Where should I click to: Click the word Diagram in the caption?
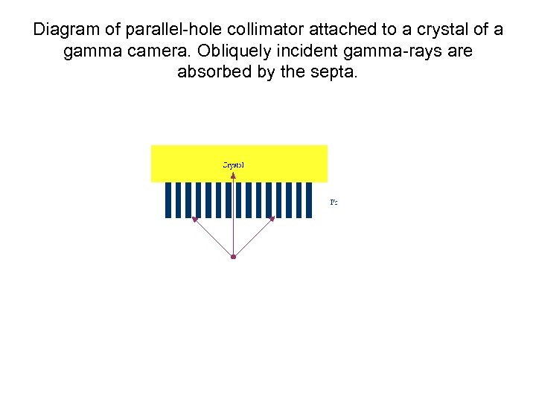click(65, 31)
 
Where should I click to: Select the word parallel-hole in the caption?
click(155, 31)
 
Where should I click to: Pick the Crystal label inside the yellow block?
click(233, 165)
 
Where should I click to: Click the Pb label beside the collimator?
click(334, 202)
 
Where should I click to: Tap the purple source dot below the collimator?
click(233, 257)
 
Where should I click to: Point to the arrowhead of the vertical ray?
click(233, 176)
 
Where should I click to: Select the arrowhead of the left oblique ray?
click(194, 219)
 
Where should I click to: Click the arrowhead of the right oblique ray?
click(272, 219)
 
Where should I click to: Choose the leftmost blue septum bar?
click(168, 200)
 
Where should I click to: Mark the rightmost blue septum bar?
click(308, 200)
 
